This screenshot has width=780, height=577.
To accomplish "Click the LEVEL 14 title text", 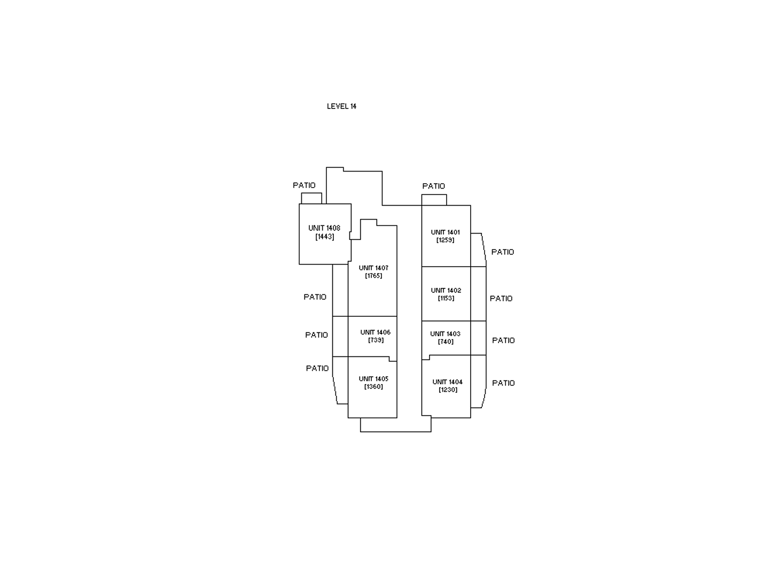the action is pyautogui.click(x=341, y=106).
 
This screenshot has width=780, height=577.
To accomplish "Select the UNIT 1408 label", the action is pyautogui.click(x=324, y=228).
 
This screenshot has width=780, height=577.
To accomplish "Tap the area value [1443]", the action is pyautogui.click(x=325, y=237).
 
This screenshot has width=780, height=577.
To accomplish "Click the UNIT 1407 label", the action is pyautogui.click(x=373, y=268).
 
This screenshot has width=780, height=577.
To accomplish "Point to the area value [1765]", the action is pyautogui.click(x=373, y=276).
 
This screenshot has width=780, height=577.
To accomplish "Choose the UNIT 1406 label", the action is pyautogui.click(x=375, y=332).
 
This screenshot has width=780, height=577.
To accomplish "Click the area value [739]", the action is pyautogui.click(x=376, y=340).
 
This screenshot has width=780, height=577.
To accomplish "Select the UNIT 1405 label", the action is pyautogui.click(x=373, y=379).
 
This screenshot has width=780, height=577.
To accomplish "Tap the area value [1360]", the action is pyautogui.click(x=373, y=386).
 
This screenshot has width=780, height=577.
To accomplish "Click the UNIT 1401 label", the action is pyautogui.click(x=445, y=232).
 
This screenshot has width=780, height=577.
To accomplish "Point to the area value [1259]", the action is pyautogui.click(x=445, y=240).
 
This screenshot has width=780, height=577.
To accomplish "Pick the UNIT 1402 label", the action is pyautogui.click(x=446, y=290).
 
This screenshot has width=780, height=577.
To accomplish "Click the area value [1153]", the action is pyautogui.click(x=446, y=298).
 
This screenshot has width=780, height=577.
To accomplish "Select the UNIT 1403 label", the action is pyautogui.click(x=445, y=333).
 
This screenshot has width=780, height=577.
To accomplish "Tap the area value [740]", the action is pyautogui.click(x=446, y=341).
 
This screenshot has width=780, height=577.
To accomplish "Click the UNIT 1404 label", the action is pyautogui.click(x=447, y=382).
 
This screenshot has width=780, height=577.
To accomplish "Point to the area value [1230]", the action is pyautogui.click(x=448, y=389).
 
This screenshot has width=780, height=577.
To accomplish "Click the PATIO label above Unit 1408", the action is pyautogui.click(x=304, y=185).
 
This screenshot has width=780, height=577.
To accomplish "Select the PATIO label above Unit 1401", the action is pyautogui.click(x=434, y=186).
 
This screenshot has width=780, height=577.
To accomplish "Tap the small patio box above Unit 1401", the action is pyautogui.click(x=434, y=200).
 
